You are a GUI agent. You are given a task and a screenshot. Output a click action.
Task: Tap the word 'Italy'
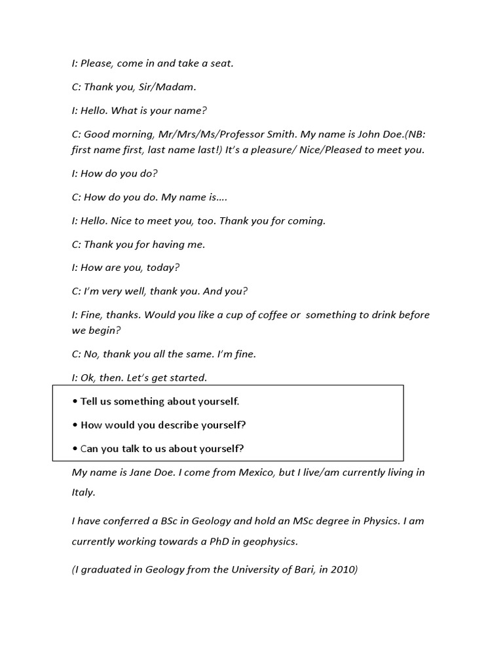83,492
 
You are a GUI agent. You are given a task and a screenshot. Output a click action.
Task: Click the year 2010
343,569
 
